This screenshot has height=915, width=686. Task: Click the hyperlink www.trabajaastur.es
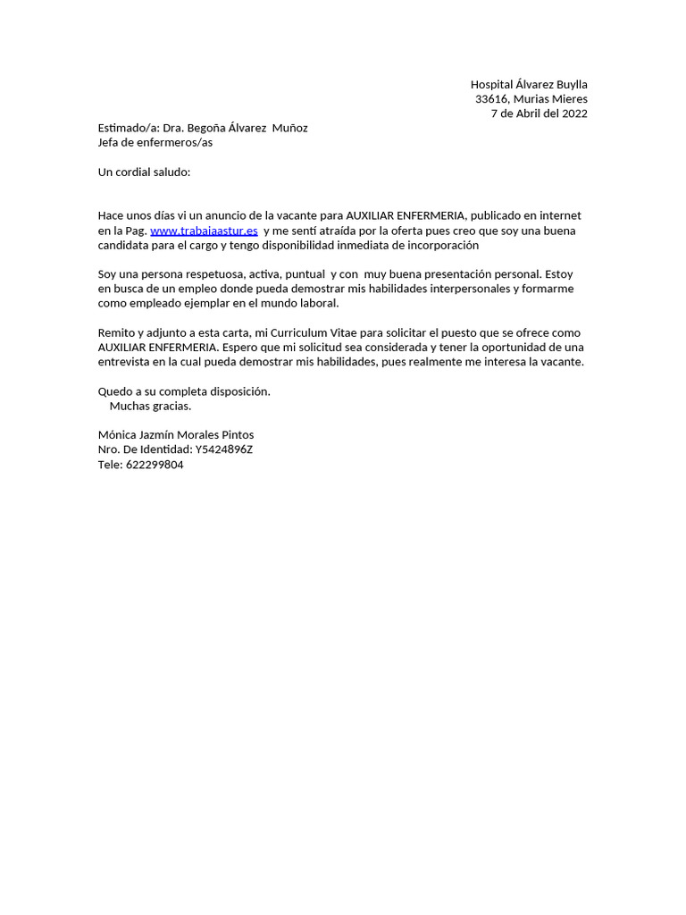[204, 231]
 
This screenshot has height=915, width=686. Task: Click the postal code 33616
[490, 99]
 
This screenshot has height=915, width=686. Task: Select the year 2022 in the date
[573, 113]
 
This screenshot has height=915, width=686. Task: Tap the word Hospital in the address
[493, 85]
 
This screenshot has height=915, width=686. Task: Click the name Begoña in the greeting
[207, 128]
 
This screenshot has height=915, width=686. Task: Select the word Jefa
[111, 142]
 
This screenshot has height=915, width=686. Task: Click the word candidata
[125, 245]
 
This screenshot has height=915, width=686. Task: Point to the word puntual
[304, 274]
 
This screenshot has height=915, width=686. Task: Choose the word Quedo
[114, 391]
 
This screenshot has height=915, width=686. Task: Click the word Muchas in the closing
[129, 406]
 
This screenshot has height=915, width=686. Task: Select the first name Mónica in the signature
[118, 435]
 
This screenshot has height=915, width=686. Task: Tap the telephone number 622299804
[155, 465]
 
